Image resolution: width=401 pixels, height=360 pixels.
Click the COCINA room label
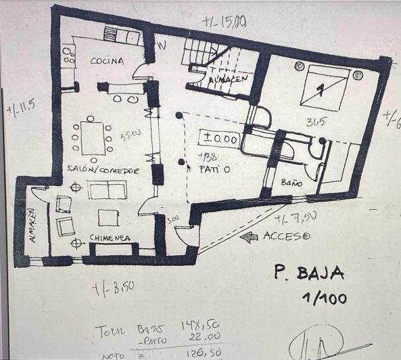(x=107, y=61)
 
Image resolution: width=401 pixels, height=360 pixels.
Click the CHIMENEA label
(x=109, y=238)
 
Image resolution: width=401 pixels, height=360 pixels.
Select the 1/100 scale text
(x=321, y=297)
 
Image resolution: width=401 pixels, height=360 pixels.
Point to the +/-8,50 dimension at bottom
(x=114, y=286)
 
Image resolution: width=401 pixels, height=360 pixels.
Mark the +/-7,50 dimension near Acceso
(x=295, y=217)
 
